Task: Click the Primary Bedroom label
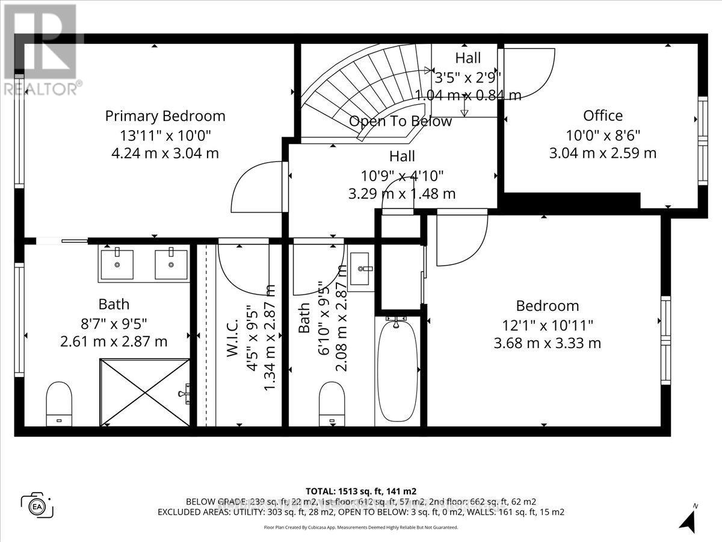pos(165,116)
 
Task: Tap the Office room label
pos(602,115)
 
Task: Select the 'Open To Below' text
pos(400,121)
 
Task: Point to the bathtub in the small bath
pos(396,370)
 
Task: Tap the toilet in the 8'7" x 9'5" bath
pos(59,402)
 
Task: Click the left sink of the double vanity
pos(117,264)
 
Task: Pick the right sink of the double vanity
pos(171,264)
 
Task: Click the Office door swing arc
pos(529,72)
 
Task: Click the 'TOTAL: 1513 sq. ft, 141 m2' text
pos(361,491)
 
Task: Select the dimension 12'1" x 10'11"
pos(548,325)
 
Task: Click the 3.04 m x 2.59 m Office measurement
pos(602,153)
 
